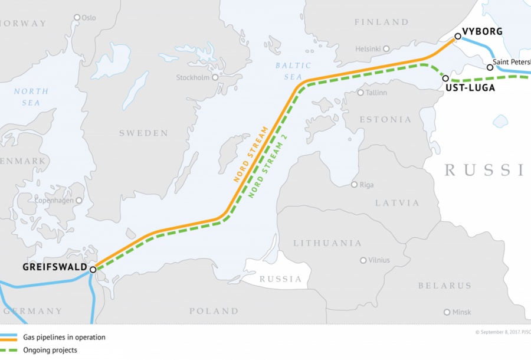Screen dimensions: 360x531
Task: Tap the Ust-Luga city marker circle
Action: tap(445, 78)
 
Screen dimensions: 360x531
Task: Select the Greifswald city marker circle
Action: tap(93, 269)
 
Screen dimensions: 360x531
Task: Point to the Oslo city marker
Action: tap(77, 18)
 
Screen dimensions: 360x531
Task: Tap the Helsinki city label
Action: tap(368, 49)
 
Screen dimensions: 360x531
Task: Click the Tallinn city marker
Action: tap(360, 93)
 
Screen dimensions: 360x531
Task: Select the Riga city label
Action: tap(366, 185)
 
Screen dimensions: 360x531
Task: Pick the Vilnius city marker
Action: tap(363, 260)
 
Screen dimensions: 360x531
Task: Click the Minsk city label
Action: tap(461, 312)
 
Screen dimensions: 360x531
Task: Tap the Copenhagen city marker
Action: tap(78, 200)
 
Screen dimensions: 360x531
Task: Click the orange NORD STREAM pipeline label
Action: tap(251, 154)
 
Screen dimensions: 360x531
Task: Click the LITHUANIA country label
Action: tap(327, 243)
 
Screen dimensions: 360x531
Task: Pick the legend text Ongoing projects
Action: tap(50, 350)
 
